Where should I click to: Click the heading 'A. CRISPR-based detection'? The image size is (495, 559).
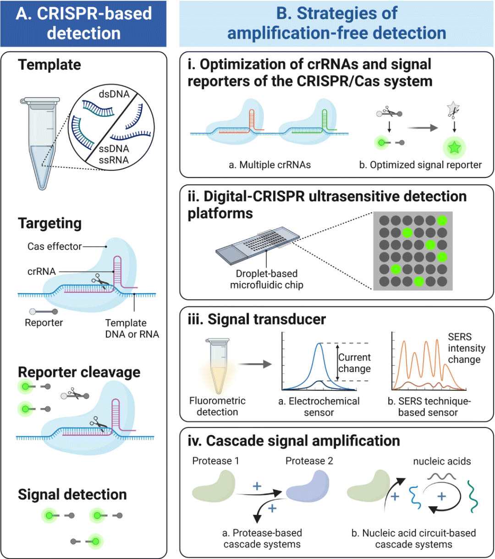click(x=83, y=23)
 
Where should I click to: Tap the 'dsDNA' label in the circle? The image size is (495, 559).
click(x=114, y=94)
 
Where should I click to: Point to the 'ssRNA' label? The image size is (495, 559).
click(x=114, y=160)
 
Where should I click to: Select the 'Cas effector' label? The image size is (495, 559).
click(x=54, y=247)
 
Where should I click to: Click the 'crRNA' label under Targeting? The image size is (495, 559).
click(x=41, y=271)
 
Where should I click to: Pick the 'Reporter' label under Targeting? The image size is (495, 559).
click(x=44, y=323)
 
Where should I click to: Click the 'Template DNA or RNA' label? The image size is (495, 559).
click(x=132, y=329)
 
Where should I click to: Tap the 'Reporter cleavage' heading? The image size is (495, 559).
click(x=79, y=372)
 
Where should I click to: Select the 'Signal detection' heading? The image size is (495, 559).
click(x=72, y=494)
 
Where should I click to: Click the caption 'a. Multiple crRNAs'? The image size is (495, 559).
click(x=269, y=165)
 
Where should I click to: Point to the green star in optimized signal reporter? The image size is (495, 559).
click(x=454, y=148)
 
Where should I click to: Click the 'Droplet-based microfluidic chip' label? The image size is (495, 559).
click(x=266, y=279)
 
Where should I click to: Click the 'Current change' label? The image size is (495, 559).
click(x=354, y=363)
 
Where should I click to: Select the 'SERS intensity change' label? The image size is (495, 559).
click(x=466, y=348)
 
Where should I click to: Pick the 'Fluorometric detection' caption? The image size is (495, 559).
click(x=217, y=406)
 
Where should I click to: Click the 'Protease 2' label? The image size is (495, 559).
click(x=309, y=460)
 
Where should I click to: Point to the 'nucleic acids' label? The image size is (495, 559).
click(x=442, y=461)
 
